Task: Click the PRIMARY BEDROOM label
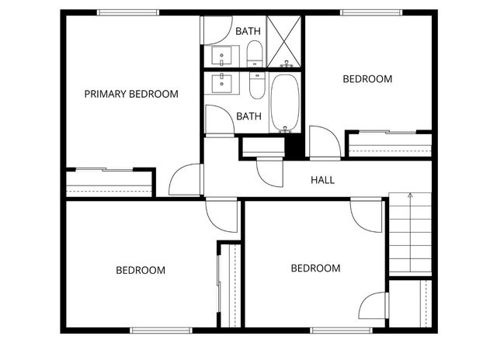click(131, 94)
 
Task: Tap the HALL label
click(322, 180)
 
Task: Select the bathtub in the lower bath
click(283, 103)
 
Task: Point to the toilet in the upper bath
click(255, 54)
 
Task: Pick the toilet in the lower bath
click(257, 85)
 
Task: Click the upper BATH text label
click(248, 31)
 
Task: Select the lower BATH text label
click(248, 116)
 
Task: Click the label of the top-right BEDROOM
click(367, 79)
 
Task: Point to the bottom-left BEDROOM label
click(141, 270)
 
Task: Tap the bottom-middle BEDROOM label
click(315, 268)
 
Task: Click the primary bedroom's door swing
click(184, 180)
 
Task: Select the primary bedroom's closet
click(109, 183)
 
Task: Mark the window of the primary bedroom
click(128, 12)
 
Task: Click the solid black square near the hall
click(293, 145)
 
